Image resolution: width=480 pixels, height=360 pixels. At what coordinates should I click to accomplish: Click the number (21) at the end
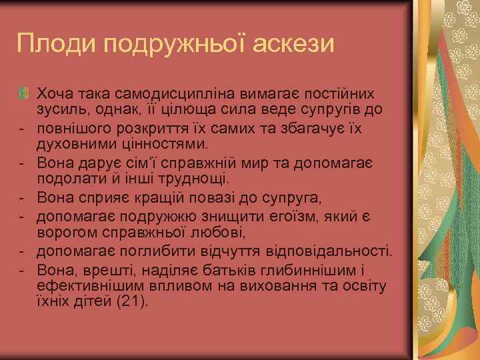click(x=131, y=303)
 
